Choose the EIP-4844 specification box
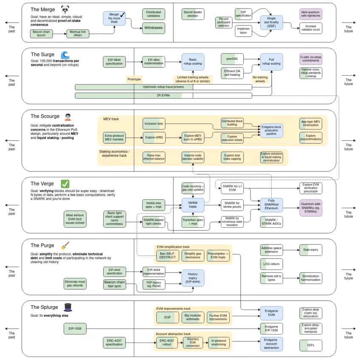point(114,62)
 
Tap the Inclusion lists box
point(154,124)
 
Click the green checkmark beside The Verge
point(65,184)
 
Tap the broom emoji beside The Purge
point(65,245)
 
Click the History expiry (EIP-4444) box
point(193,278)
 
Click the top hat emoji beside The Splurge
point(67,307)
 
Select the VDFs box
point(311,346)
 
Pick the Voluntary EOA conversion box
point(193,343)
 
